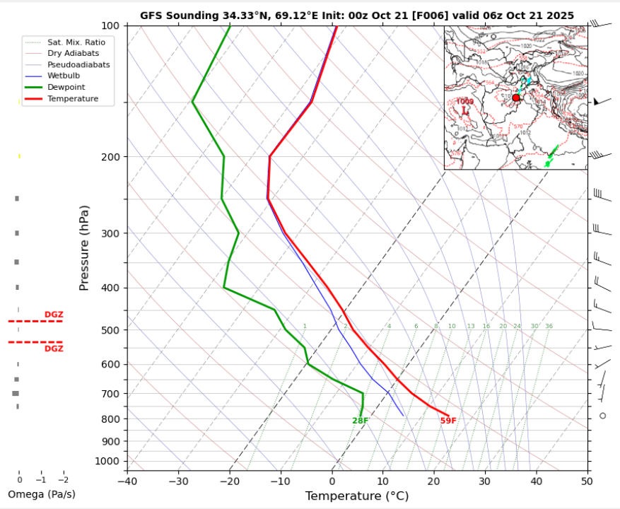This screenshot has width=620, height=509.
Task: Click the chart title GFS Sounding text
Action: (x=357, y=15)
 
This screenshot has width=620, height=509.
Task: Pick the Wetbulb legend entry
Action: (x=63, y=76)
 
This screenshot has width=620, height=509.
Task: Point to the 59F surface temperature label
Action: (x=448, y=421)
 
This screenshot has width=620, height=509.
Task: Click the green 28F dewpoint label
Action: (x=361, y=421)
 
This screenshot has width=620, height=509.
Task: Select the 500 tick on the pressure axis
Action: (x=111, y=330)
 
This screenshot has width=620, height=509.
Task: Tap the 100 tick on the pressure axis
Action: (x=111, y=26)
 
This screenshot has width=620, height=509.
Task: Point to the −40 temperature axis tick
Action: (x=127, y=481)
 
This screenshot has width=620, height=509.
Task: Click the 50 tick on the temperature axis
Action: (x=587, y=481)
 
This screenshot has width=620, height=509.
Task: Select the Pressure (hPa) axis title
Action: (x=85, y=247)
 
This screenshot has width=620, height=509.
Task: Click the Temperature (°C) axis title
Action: (x=357, y=496)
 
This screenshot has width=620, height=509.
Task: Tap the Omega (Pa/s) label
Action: (x=41, y=494)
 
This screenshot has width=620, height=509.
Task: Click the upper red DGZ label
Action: (x=54, y=315)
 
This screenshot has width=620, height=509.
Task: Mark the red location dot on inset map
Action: (x=516, y=98)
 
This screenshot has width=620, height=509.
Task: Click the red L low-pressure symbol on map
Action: (x=465, y=111)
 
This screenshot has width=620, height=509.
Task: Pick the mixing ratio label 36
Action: (x=549, y=326)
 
